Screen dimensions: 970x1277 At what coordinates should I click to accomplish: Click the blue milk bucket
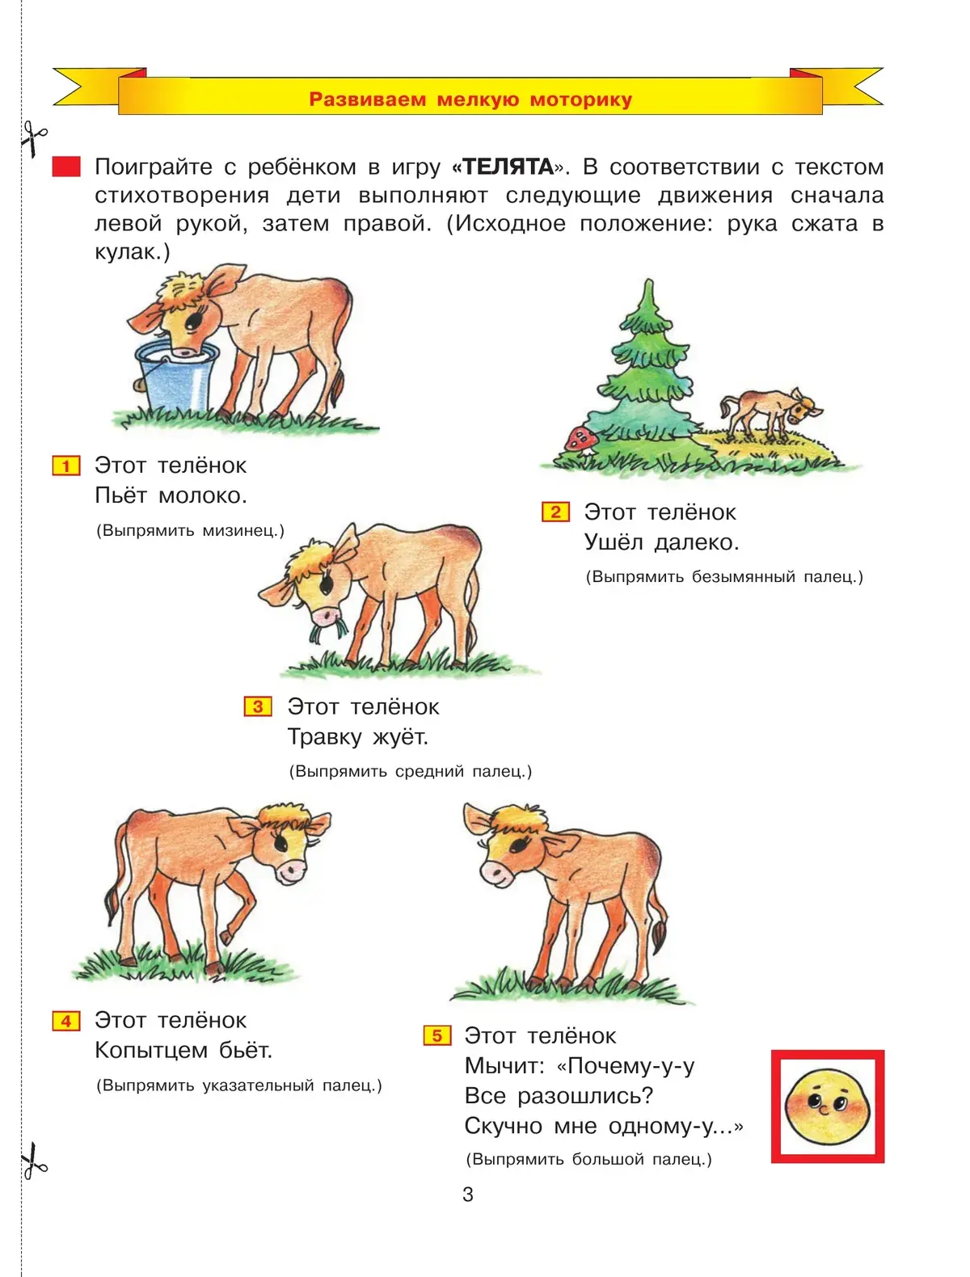pyautogui.click(x=175, y=376)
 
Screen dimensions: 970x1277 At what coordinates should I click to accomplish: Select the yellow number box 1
pyautogui.click(x=66, y=466)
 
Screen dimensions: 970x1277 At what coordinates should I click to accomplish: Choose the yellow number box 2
pyautogui.click(x=555, y=512)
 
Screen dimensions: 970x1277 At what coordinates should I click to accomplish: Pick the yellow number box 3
pyautogui.click(x=258, y=706)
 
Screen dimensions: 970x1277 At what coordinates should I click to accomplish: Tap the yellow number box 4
pyautogui.click(x=66, y=1021)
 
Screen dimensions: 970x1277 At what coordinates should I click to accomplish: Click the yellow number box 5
pyautogui.click(x=437, y=1035)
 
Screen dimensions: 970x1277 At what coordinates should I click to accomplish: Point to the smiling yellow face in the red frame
pyautogui.click(x=827, y=1106)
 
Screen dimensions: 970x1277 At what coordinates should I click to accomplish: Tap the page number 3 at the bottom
pyautogui.click(x=468, y=1195)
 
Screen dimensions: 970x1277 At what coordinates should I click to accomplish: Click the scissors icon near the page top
pyautogui.click(x=34, y=138)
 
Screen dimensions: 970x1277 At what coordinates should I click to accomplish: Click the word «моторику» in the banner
pyautogui.click(x=580, y=100)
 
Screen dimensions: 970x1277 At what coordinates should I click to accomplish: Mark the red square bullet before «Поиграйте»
pyautogui.click(x=66, y=166)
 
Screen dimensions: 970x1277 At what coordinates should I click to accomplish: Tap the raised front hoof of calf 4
pyautogui.click(x=227, y=938)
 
